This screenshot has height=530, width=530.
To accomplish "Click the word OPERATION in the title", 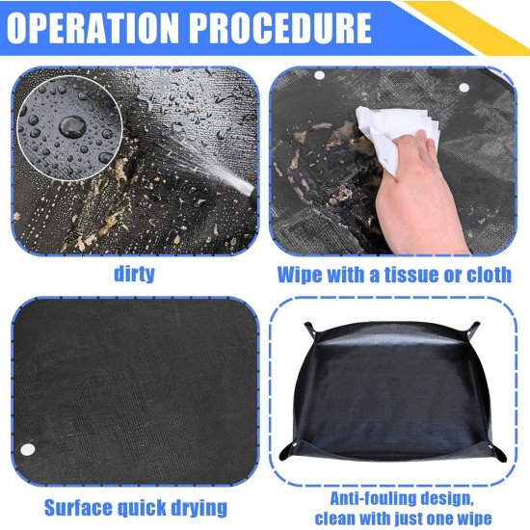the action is coord(92,28).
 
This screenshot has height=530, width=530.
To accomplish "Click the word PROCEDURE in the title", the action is coord(279,28).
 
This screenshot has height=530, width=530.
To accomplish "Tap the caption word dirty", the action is coord(134,274).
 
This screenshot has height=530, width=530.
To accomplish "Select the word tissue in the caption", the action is coord(413,275).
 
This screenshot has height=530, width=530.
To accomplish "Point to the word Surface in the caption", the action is coord(78,508).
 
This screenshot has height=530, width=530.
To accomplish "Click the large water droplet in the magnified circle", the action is coord(72,126).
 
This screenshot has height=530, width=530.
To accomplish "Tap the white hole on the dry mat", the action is coord(28,449).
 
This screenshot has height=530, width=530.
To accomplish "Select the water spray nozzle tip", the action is coord(249,190).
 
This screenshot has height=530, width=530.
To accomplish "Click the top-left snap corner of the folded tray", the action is coord(311,331).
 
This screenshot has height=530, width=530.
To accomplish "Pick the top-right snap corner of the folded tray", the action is coord(473,331).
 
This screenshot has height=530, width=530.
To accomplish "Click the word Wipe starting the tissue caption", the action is coord(301,275).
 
